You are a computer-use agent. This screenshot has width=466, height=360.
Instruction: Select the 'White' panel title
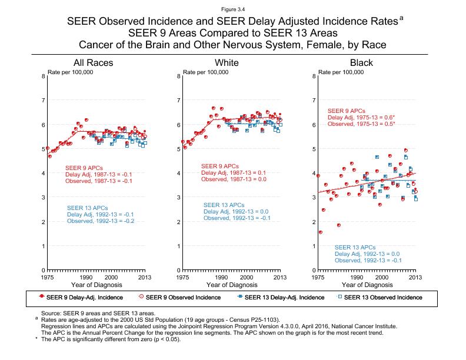(x=227, y=63)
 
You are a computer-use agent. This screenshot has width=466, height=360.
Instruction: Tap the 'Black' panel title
(x=361, y=63)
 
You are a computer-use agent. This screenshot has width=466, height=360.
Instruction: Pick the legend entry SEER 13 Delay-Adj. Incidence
(x=284, y=297)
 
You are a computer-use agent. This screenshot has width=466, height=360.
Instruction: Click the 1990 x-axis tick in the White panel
(x=221, y=276)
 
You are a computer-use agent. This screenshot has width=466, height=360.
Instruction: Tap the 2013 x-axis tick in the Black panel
(x=415, y=276)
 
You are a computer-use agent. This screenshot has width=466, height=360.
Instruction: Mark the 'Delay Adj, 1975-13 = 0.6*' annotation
(x=361, y=118)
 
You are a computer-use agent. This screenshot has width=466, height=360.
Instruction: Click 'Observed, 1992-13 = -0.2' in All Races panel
(x=101, y=221)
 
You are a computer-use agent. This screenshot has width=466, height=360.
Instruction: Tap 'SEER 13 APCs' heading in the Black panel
(x=355, y=247)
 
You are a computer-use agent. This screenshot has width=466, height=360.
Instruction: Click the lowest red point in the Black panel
(x=320, y=232)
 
